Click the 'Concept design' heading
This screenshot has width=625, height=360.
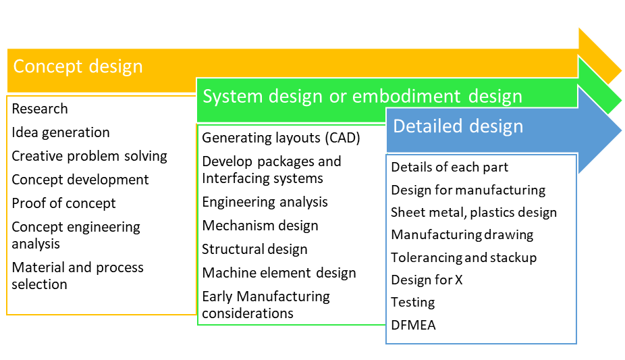tap(78, 67)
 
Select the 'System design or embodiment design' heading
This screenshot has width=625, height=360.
tap(362, 97)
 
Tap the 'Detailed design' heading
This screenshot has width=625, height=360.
tap(458, 126)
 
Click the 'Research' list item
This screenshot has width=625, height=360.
tap(40, 109)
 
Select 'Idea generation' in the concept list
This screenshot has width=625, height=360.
tap(61, 132)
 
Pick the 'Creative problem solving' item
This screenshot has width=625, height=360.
tap(89, 156)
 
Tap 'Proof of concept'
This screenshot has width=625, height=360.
tap(63, 203)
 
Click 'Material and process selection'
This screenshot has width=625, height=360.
tap(77, 276)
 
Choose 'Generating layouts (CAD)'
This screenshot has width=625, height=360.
tap(281, 138)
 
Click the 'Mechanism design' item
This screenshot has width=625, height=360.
tap(260, 226)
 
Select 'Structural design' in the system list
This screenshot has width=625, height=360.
tap(254, 249)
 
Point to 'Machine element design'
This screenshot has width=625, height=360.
tap(279, 273)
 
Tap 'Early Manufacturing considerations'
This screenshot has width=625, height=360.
tap(265, 305)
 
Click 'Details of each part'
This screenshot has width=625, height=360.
tap(450, 167)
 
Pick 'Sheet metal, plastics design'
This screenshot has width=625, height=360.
tap(474, 212)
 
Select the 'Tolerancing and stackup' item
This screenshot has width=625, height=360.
tap(464, 257)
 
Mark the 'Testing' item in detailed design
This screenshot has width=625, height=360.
tap(412, 302)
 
